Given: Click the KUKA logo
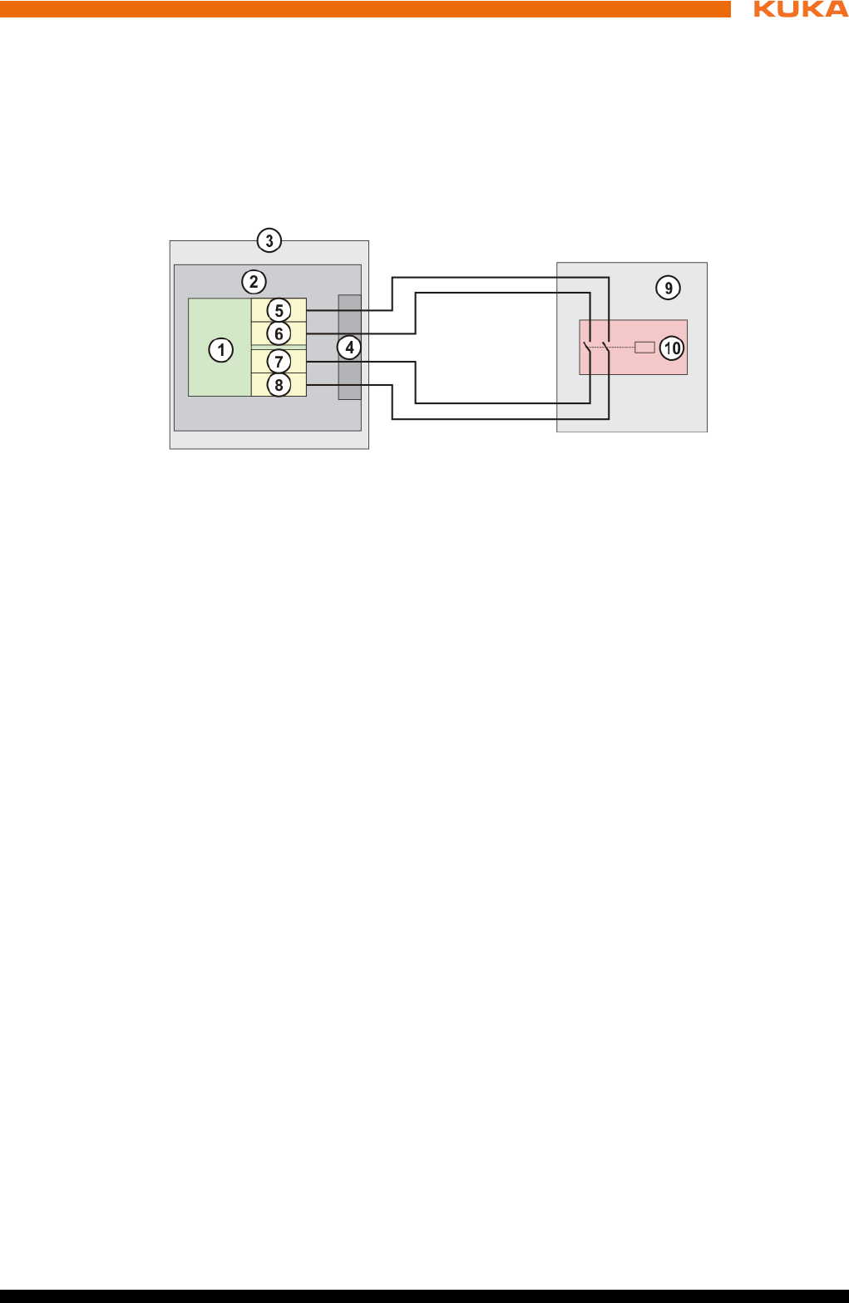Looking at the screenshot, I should pos(800,9).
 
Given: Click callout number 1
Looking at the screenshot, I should pos(221,349).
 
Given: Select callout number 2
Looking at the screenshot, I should pos(254,282).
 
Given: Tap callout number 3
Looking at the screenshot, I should pos(269,240).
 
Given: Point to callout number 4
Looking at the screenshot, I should pos(349,347).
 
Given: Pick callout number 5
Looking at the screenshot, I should pos(279,311).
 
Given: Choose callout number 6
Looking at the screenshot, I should pos(279,334).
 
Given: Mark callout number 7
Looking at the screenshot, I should pos(279,362).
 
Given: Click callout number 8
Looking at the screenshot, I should pos(279,384).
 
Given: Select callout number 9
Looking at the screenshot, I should pos(668,288).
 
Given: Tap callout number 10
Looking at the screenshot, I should pos(672,348).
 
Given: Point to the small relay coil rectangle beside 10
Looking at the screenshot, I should pos(644,348).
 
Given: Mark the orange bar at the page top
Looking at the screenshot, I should pos(366,9).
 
